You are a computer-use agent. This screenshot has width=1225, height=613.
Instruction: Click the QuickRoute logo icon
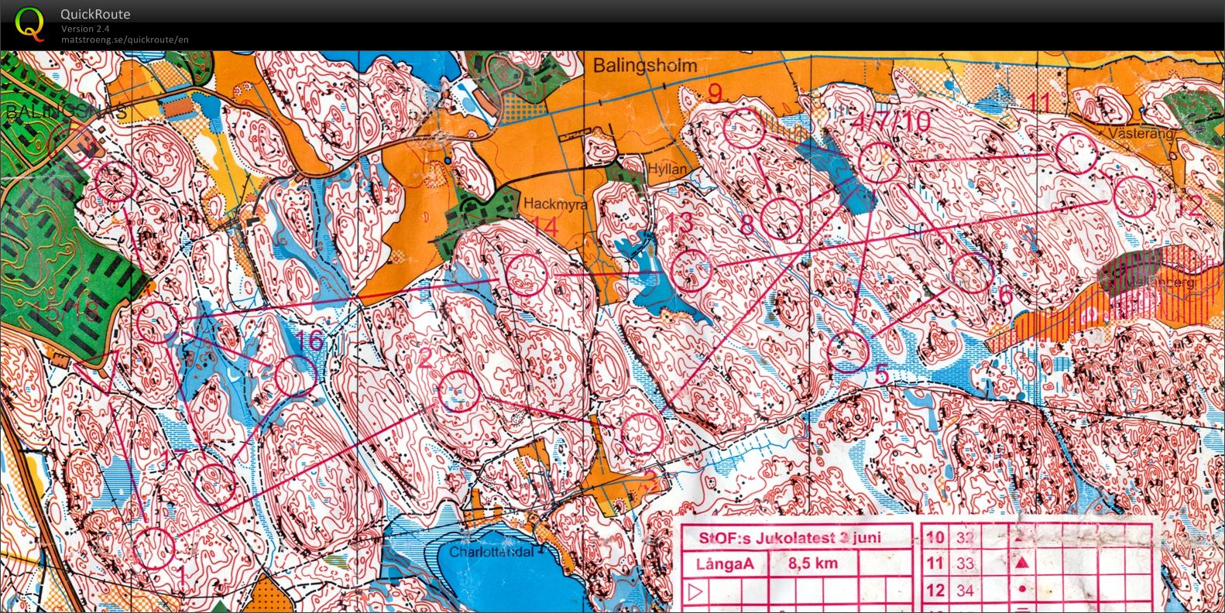point(30,23)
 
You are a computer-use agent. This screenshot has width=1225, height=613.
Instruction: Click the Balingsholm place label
point(645,67)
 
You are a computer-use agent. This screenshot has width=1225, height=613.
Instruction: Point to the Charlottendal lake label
point(492,553)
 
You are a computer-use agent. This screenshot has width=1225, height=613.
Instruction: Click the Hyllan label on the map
point(667,169)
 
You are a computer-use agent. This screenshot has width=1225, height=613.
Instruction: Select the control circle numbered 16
point(296,375)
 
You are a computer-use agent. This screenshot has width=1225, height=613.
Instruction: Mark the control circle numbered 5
point(849,351)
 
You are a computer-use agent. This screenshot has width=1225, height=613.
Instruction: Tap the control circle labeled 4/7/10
point(879,163)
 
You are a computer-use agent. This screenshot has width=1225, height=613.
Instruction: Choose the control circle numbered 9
point(744,128)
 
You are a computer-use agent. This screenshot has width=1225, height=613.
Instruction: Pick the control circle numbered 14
point(527,274)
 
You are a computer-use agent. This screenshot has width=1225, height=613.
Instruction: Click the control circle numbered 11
point(1076,153)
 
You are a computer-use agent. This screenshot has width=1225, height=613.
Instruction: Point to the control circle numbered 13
point(690,270)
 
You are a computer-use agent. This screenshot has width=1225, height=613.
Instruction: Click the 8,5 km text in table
point(813,563)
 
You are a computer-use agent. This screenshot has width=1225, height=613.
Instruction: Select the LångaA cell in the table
point(725,563)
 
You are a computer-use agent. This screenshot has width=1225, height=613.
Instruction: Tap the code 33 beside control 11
point(964,563)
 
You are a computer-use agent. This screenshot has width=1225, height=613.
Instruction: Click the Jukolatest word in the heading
point(791,537)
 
